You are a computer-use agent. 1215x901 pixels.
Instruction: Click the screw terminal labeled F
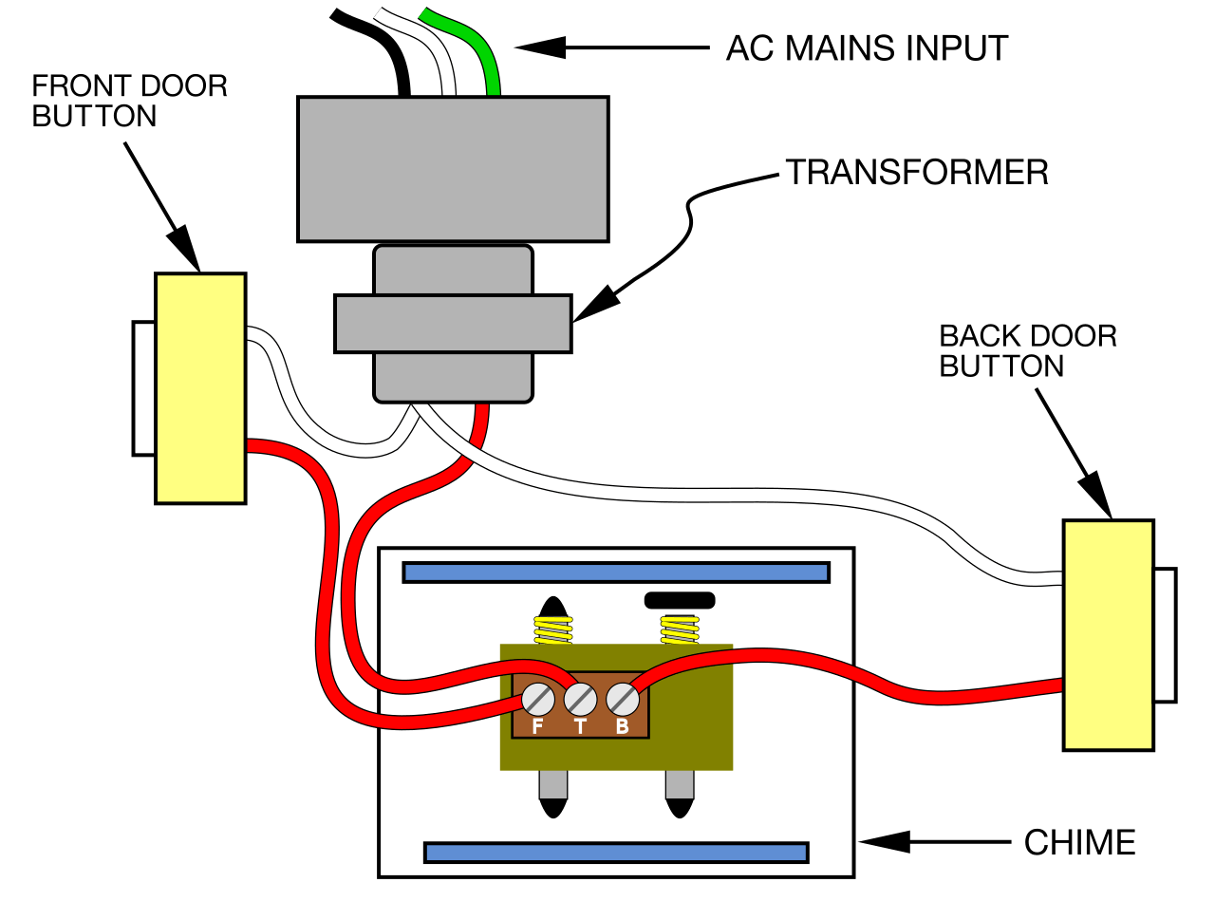[537, 701]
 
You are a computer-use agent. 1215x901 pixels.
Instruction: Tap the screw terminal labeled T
[580, 701]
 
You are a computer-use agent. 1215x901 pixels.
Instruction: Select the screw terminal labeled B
[622, 701]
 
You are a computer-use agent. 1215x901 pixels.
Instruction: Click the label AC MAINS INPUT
[867, 47]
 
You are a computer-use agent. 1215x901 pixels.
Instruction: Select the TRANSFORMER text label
[916, 172]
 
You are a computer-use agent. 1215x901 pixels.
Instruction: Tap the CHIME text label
[1079, 842]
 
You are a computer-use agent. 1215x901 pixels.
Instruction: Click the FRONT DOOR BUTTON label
[130, 101]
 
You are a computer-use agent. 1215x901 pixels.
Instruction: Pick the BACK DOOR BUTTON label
[1028, 350]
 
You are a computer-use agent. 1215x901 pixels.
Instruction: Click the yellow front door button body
[200, 387]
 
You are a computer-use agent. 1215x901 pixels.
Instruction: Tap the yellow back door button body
[1108, 634]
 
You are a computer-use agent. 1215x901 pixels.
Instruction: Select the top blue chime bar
[616, 572]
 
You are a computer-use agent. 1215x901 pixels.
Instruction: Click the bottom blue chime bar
[616, 852]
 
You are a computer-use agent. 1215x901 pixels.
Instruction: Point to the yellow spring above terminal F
[552, 629]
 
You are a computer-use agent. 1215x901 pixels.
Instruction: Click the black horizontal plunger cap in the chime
[679, 600]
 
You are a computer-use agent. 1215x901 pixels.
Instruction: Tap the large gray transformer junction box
[452, 169]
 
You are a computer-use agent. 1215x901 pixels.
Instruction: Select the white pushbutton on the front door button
[143, 388]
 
